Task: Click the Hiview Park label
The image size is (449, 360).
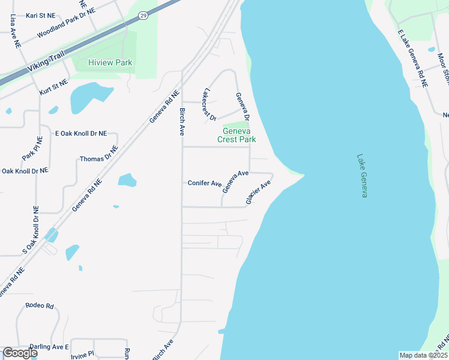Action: (110, 62)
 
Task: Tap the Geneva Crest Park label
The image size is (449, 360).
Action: (239, 135)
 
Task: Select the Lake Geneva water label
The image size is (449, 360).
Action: (361, 176)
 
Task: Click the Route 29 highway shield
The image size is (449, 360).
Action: (142, 16)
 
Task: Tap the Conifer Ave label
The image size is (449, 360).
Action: (205, 183)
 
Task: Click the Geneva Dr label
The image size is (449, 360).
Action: (242, 107)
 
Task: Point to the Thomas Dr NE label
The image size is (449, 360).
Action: (97, 158)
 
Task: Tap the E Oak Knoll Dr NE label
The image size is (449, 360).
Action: (80, 133)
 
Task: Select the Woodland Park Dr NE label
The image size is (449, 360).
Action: (66, 28)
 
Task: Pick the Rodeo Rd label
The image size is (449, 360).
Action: (40, 306)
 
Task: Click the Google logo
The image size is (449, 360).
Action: (20, 353)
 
